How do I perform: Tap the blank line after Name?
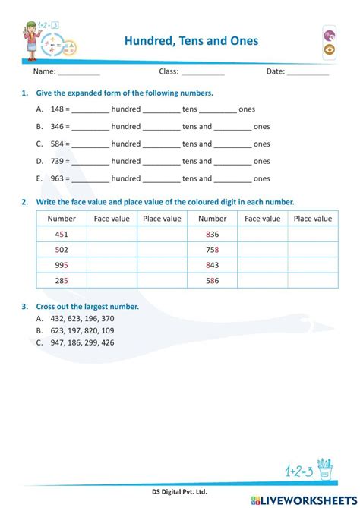[x=79, y=74]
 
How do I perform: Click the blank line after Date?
[x=308, y=74]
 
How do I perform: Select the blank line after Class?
[x=204, y=74]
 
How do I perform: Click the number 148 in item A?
[x=55, y=109]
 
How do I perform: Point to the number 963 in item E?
[x=55, y=179]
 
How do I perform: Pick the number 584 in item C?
[x=55, y=144]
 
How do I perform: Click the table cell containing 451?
[x=62, y=235]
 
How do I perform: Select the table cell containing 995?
[x=62, y=265]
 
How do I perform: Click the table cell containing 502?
[x=62, y=250]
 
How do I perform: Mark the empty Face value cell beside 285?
[x=112, y=280]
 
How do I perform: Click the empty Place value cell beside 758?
[x=312, y=250]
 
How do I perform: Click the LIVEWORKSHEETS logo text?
[x=313, y=499]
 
